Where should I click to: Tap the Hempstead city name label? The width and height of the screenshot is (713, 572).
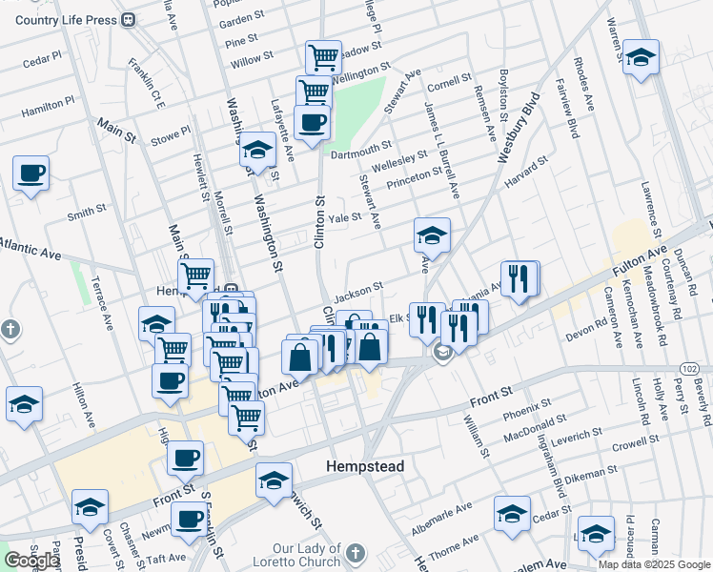tap(365, 466)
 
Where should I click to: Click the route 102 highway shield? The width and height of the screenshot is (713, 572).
tap(690, 368)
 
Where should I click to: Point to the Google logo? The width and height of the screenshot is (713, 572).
tap(31, 561)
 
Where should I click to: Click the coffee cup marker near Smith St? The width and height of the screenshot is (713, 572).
tap(31, 174)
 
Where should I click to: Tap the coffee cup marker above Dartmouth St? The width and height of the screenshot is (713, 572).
tap(312, 122)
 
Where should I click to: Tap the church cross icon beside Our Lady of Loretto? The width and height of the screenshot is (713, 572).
tap(355, 553)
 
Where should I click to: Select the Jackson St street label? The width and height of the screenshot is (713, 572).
tap(357, 287)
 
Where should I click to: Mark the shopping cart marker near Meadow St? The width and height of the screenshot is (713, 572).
tap(323, 57)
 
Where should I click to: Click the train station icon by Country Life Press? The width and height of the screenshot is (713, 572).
tap(128, 20)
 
